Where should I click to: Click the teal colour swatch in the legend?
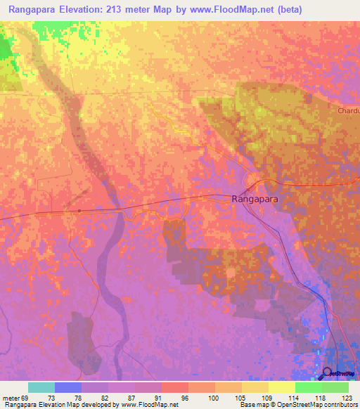[41, 387]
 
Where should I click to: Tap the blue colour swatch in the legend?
[68, 387]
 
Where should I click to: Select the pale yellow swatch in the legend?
[281, 387]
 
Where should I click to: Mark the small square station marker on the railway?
[80, 209]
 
